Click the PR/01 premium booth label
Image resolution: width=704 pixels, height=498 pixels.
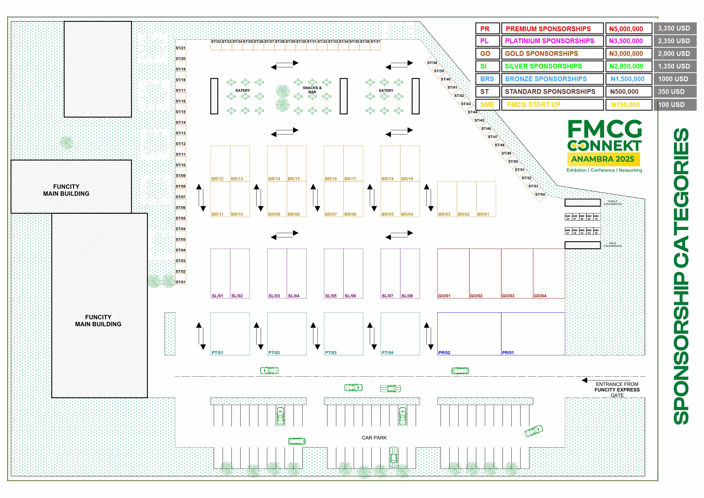pos(508,353)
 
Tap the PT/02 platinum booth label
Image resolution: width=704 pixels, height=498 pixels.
pos(274,353)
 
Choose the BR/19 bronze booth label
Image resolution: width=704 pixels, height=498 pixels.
pos(407,179)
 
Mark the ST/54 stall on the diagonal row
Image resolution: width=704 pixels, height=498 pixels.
pos(540,194)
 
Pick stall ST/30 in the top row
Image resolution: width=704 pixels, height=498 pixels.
pos(301,41)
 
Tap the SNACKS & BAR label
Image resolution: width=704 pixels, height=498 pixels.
pos(312,90)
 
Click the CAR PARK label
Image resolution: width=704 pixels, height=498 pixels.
pos(374,438)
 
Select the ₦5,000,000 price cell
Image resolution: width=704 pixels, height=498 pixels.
pos(626,29)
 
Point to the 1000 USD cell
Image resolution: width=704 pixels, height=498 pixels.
pos(673,79)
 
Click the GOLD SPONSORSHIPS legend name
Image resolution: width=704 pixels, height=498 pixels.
pos(541,53)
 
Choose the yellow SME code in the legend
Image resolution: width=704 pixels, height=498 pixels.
pos(487,105)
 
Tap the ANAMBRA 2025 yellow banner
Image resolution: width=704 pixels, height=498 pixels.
pos(603,159)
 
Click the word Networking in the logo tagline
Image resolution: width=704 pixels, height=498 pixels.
pos(630,170)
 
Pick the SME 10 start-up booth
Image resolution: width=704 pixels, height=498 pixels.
pos(596,217)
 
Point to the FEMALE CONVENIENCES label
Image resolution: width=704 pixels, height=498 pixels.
pos(613,203)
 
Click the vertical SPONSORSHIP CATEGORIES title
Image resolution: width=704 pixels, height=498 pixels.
pos(681,276)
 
